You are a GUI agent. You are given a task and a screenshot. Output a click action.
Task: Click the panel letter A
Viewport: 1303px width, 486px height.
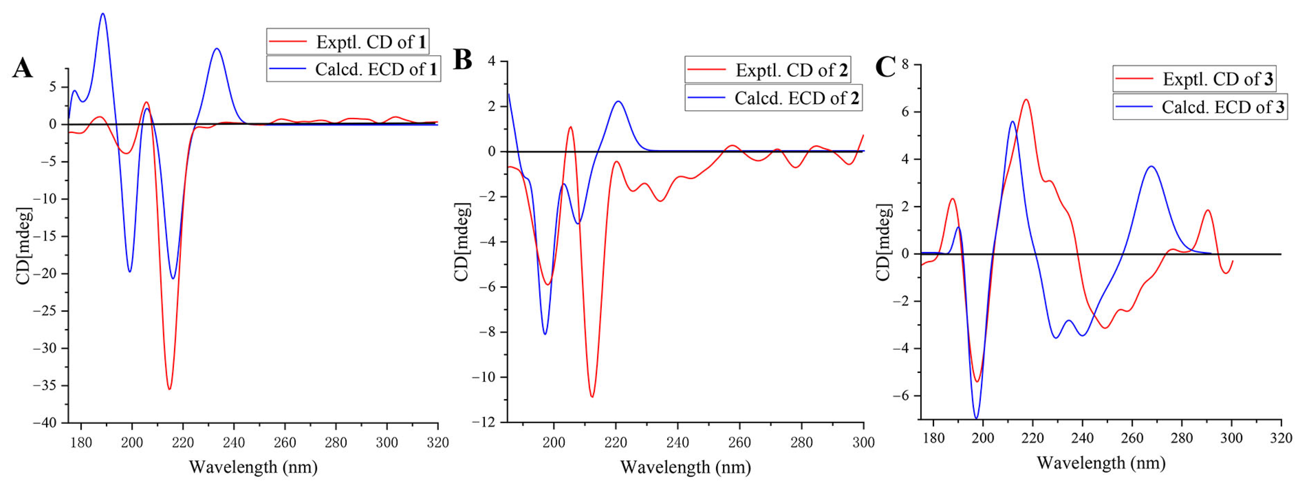coord(22,68)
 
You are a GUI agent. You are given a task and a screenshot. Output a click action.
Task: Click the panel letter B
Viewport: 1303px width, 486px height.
coord(462,60)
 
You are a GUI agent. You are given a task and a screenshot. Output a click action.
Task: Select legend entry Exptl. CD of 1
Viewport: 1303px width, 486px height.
coord(348,42)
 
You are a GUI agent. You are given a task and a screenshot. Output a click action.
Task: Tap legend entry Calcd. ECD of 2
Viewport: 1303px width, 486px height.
coord(773,98)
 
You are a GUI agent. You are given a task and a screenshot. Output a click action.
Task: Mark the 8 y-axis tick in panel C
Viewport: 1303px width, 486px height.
coord(905,65)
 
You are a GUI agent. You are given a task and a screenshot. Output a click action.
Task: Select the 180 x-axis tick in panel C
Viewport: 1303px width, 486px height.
coord(933,438)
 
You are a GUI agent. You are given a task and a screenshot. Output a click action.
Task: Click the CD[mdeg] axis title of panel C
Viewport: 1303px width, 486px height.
coord(883,242)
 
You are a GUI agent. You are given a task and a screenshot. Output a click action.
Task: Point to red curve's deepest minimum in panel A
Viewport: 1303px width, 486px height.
coord(170,389)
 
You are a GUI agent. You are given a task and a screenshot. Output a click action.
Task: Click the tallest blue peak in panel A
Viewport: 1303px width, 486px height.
coord(103,14)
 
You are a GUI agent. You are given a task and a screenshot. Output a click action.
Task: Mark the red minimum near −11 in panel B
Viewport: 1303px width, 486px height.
coord(592,396)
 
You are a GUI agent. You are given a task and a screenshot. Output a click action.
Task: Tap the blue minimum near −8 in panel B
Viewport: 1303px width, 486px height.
coord(545,334)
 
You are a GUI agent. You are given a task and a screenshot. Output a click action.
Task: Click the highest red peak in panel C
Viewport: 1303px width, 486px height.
coord(1026,100)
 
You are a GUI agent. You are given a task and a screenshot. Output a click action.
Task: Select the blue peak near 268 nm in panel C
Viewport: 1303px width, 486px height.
coord(1151,166)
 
